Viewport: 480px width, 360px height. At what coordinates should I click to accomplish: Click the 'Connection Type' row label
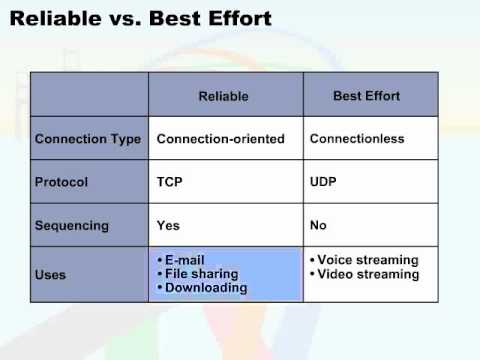(x=88, y=139)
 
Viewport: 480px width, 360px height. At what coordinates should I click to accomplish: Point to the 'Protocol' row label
(x=61, y=182)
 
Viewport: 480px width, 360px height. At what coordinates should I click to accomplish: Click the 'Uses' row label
(x=51, y=274)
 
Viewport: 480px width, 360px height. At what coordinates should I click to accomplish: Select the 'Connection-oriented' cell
(x=221, y=139)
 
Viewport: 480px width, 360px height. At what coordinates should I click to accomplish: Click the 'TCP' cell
(x=170, y=182)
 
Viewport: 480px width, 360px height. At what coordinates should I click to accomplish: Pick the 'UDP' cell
(x=325, y=182)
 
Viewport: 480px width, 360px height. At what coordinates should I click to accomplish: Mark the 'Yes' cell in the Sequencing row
(x=169, y=225)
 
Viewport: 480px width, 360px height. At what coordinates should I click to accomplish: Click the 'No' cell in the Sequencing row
(x=319, y=225)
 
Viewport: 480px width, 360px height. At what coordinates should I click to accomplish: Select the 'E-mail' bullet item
(x=186, y=260)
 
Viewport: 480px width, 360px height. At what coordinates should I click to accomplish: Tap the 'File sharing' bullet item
(x=202, y=273)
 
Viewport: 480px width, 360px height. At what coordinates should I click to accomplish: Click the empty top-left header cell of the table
(x=89, y=96)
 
